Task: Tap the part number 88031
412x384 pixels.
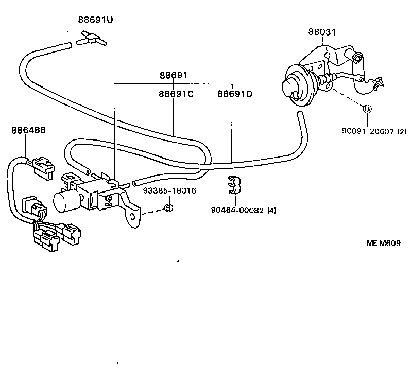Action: [x=322, y=32]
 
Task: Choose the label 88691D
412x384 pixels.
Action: [x=234, y=94]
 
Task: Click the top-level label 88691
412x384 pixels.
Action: [x=173, y=76]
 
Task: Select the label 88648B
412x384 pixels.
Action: [x=28, y=130]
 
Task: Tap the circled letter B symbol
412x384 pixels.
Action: [x=367, y=109]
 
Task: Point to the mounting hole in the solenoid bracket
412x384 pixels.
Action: [x=133, y=217]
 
